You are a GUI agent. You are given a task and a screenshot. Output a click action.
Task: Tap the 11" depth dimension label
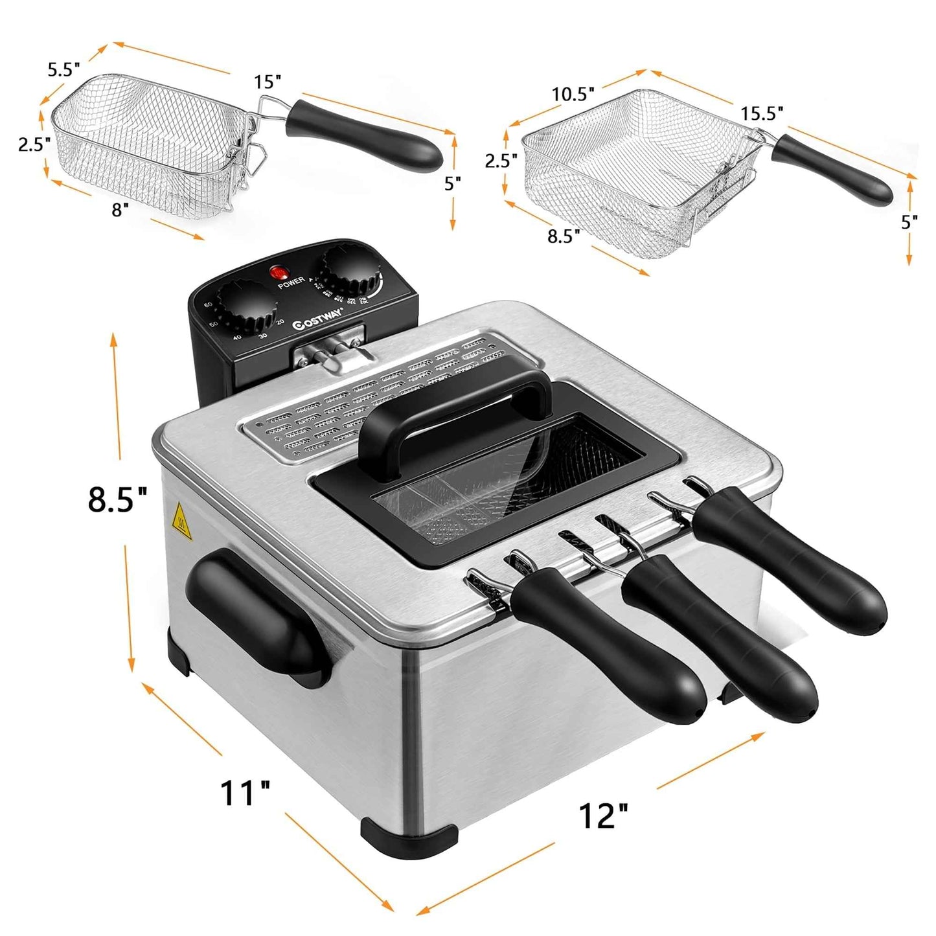[x=245, y=793]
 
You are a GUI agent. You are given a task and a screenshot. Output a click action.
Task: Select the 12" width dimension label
[x=604, y=816]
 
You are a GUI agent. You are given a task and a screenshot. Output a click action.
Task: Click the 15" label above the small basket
[x=268, y=82]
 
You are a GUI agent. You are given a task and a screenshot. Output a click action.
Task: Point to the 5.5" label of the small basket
[x=63, y=70]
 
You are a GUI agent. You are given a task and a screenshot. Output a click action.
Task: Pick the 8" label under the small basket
[x=120, y=210]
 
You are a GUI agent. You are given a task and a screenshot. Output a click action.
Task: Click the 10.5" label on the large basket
[x=573, y=95]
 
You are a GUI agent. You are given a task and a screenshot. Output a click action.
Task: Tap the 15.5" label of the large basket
[x=762, y=113]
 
